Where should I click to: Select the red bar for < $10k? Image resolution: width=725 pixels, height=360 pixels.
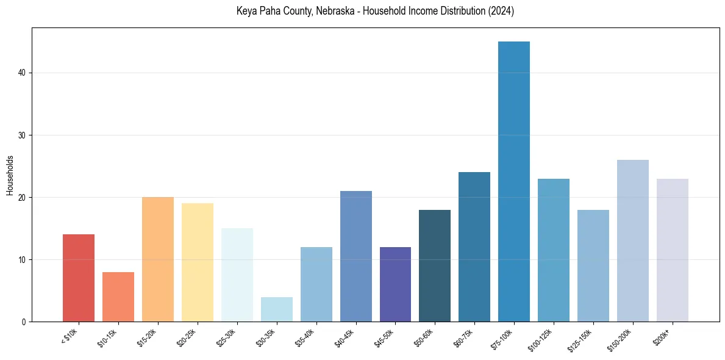tap(79, 278)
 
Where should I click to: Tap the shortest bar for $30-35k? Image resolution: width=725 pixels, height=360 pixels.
tap(277, 309)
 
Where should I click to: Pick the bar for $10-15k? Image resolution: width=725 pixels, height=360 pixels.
tap(118, 297)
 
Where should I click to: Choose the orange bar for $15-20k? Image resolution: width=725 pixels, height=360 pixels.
tap(158, 259)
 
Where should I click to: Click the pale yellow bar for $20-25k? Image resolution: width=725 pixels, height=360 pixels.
tap(198, 262)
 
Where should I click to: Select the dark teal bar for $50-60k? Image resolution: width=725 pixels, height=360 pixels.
tap(435, 265)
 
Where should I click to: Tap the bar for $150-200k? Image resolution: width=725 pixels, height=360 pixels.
tap(633, 240)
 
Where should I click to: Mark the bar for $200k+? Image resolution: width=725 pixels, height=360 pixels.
tap(673, 250)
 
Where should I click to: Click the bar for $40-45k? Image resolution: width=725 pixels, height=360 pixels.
tap(356, 256)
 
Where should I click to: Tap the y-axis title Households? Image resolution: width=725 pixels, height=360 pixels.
tap(10, 175)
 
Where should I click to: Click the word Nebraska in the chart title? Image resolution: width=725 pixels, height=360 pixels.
tap(335, 11)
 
